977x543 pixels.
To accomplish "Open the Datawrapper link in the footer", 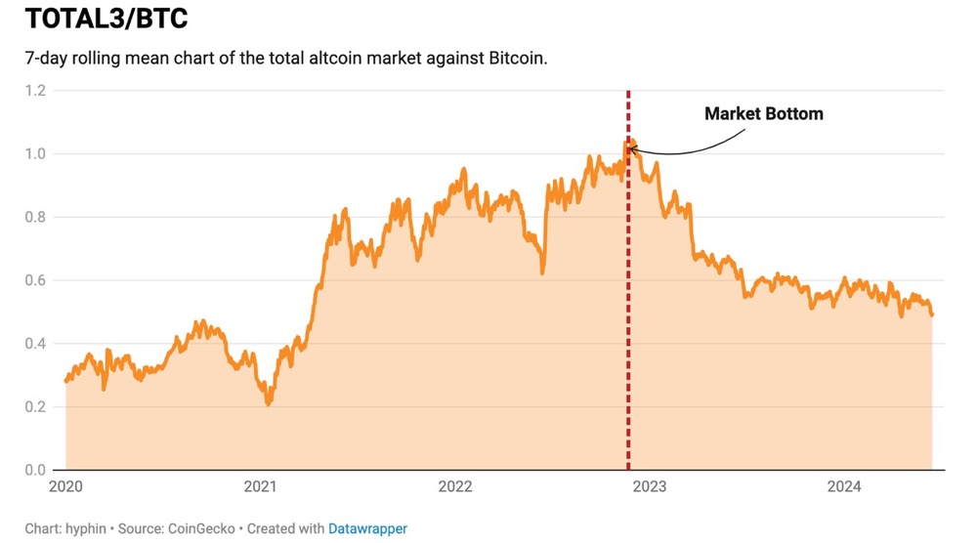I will (x=367, y=528).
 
